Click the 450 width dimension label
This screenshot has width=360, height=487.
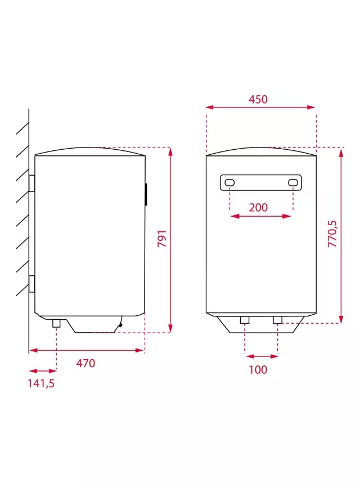258,100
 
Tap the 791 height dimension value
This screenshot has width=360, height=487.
163,239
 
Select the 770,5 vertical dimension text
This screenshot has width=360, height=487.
332,234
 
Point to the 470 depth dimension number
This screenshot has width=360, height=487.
85,363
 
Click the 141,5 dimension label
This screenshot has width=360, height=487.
41,383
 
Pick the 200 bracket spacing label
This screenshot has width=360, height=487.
258,208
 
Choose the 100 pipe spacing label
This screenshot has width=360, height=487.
258,369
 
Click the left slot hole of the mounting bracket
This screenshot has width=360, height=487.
229,182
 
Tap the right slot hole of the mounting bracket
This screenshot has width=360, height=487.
293,182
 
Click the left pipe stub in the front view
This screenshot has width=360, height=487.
245,320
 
